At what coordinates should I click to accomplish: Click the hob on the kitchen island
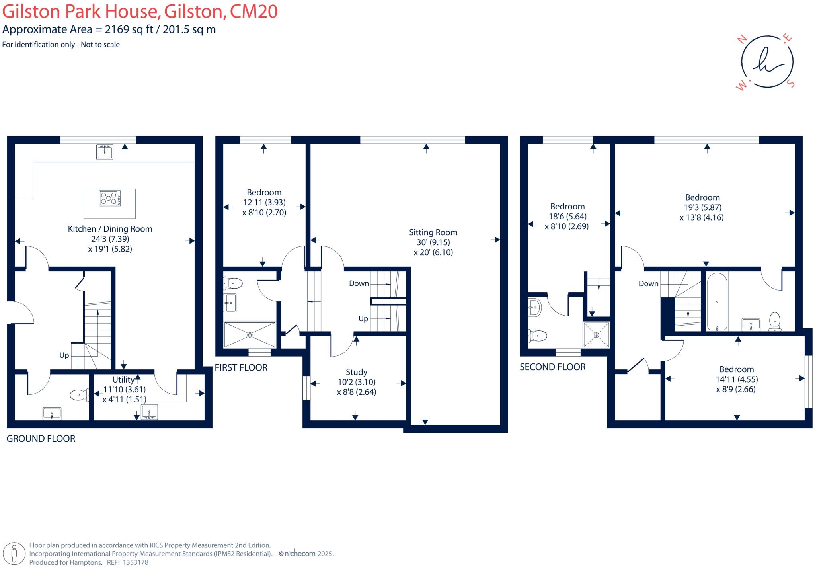(110, 199)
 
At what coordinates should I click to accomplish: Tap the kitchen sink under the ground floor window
(105, 152)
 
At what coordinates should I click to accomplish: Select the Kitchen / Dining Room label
(110, 229)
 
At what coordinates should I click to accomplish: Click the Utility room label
(123, 380)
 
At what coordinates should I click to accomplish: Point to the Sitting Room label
(433, 232)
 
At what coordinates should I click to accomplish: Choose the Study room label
(357, 372)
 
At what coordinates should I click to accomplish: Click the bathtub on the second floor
(717, 302)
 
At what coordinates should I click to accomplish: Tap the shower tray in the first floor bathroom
(250, 335)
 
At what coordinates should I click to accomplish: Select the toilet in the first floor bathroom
(234, 283)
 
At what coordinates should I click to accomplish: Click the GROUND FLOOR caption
(41, 439)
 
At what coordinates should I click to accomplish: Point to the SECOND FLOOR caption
(553, 367)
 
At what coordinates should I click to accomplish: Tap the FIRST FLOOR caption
(241, 367)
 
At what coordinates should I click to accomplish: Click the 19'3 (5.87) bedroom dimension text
(703, 207)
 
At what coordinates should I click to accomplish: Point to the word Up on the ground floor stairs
(64, 355)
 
